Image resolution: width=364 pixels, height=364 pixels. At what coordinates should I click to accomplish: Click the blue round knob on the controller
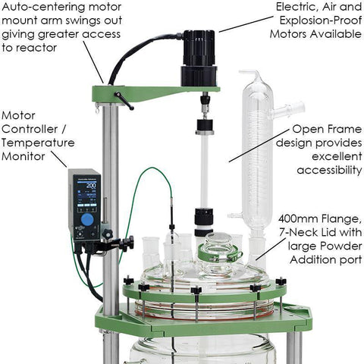click(x=88, y=218)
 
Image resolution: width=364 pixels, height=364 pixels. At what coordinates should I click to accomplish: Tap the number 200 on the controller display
click(x=91, y=185)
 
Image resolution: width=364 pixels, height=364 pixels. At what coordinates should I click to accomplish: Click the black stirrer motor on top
click(x=199, y=58)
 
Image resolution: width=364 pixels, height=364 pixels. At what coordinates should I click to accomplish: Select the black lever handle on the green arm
click(x=124, y=101)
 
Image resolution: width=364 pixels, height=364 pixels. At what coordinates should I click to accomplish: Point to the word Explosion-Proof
click(x=321, y=20)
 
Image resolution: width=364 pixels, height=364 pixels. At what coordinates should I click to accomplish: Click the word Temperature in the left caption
click(x=38, y=143)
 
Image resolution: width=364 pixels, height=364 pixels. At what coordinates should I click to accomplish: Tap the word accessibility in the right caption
click(x=329, y=170)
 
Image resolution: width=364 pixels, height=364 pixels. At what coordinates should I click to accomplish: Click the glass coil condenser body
click(x=258, y=152)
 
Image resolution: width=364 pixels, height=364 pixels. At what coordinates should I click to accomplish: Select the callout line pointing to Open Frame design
click(x=259, y=145)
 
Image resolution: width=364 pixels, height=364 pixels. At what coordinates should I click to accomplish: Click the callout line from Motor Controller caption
click(x=59, y=159)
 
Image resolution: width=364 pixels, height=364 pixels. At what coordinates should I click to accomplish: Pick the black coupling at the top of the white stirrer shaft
click(x=205, y=127)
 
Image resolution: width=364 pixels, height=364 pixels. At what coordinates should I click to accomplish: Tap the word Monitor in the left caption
click(x=24, y=156)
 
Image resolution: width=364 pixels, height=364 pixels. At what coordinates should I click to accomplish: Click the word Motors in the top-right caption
click(x=290, y=34)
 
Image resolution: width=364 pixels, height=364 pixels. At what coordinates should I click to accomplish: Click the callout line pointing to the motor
click(x=246, y=24)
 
